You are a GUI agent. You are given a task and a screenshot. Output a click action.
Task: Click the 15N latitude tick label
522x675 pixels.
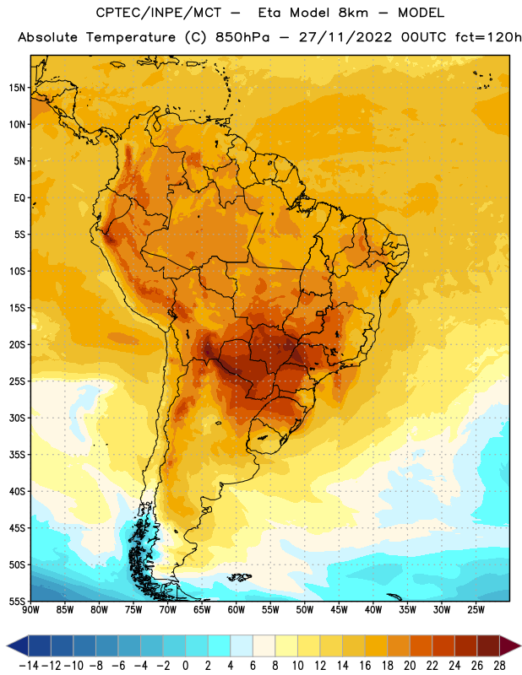[x=17, y=88]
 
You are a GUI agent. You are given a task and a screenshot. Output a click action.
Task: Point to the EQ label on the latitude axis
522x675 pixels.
[x=19, y=198]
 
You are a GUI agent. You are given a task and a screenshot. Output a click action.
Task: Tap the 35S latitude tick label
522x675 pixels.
[x=17, y=455]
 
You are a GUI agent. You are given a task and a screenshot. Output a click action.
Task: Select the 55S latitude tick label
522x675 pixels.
[x=17, y=602]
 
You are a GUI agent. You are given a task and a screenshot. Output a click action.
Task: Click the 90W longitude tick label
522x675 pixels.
[x=30, y=610]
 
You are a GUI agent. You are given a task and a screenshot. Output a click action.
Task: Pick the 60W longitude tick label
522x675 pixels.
[x=237, y=610]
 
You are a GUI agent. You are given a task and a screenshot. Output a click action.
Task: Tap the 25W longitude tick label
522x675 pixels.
[x=476, y=610]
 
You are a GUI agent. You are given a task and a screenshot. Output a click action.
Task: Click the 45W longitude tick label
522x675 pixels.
[x=339, y=610]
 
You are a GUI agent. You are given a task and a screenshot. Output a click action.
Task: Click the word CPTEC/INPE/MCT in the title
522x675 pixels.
[x=159, y=13]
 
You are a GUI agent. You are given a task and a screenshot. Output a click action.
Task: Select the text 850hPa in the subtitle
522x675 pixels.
[x=242, y=37]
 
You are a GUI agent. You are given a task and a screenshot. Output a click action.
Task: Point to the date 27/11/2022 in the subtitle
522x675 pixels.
[x=345, y=37]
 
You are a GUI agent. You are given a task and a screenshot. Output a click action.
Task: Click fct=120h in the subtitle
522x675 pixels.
[x=488, y=37]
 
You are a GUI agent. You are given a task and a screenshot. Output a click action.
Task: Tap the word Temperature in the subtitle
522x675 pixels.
[x=131, y=38]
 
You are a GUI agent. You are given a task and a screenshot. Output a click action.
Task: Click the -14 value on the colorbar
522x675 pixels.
[x=29, y=666]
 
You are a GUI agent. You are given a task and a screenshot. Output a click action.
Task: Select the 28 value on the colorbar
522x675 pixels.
[x=499, y=666]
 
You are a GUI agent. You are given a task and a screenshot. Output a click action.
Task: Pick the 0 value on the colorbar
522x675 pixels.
[x=185, y=666]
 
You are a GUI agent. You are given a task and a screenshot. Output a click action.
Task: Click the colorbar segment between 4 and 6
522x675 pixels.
[x=242, y=645]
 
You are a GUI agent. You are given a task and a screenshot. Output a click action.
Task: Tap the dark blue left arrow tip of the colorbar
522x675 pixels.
[x=8, y=645]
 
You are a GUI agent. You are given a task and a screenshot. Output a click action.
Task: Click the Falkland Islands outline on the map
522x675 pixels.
[x=240, y=577]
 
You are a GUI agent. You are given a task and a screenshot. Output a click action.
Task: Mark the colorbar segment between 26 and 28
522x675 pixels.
[x=488, y=645]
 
